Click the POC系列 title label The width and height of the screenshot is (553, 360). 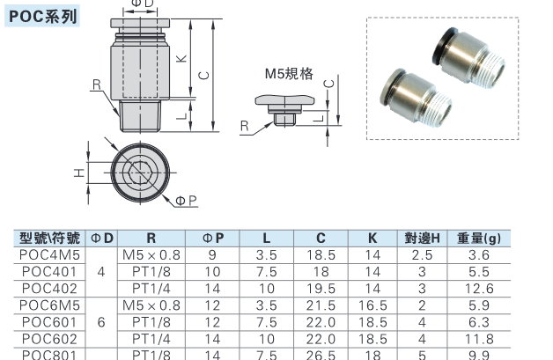(x=42, y=17)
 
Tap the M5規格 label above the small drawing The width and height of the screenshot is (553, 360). (x=289, y=74)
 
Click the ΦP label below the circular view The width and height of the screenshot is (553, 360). (x=186, y=201)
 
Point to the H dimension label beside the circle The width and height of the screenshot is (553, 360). (x=80, y=173)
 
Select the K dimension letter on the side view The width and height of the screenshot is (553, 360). (x=181, y=58)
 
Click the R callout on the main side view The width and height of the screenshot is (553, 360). (x=97, y=84)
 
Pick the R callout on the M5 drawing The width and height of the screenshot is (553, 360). (x=245, y=126)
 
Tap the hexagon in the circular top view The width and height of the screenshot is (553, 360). (x=140, y=173)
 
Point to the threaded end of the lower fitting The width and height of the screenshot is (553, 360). (x=437, y=108)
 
